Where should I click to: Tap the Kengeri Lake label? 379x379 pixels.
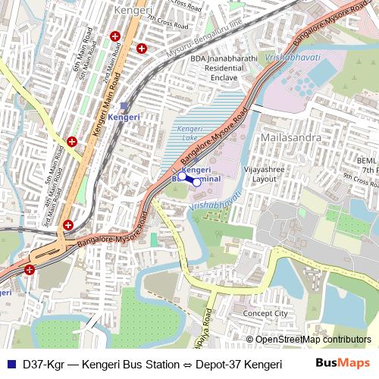[x=190, y=133]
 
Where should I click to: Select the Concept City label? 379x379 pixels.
[x=265, y=313]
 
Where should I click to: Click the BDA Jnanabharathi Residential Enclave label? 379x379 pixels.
[x=220, y=67]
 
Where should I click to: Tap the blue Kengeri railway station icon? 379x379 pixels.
[x=124, y=107]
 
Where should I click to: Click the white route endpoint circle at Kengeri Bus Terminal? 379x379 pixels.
[x=196, y=182]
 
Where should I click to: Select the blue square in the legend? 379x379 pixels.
[x=10, y=364]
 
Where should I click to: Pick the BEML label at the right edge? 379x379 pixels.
[x=367, y=161]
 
